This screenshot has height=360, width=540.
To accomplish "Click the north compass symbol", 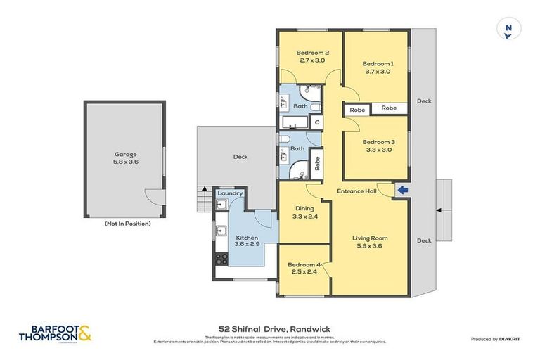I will (508, 30).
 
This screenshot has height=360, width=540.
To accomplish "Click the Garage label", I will (126, 154).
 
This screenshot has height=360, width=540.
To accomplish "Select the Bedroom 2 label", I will (312, 53).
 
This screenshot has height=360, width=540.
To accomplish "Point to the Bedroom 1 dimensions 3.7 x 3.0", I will (379, 72).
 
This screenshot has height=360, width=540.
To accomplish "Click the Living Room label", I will (370, 238).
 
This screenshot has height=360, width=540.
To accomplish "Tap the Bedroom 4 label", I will (304, 264).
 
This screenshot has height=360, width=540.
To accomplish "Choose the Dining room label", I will (304, 208).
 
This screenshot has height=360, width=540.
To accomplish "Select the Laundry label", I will (230, 193).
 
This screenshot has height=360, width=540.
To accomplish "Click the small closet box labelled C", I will (317, 122).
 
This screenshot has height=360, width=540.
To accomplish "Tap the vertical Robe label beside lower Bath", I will (317, 163).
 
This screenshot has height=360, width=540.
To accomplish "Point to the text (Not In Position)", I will (127, 224).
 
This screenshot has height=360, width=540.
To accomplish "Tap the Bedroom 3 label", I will (379, 141).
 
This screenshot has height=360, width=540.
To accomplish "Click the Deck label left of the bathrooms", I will (240, 157).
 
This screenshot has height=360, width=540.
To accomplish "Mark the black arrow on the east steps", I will (439, 210).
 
